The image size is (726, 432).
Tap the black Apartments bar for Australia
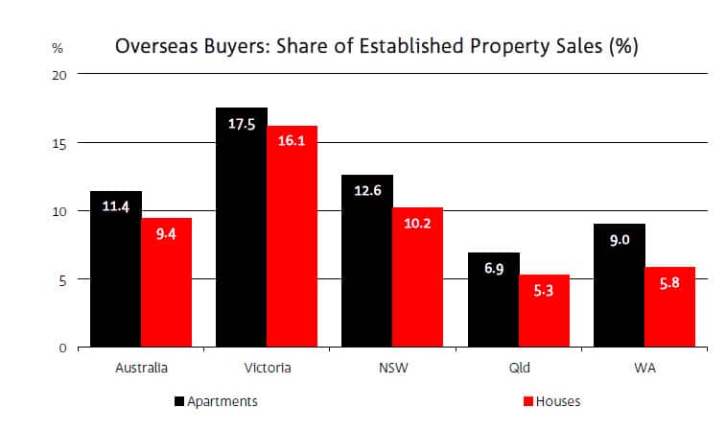[x=115, y=269]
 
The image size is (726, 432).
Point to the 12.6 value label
[x=367, y=190]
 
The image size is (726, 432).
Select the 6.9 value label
[x=493, y=270]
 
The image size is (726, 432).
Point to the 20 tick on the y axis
[x=59, y=74]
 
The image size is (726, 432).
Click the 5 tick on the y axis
[x=62, y=279]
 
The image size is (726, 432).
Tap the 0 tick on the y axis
[x=62, y=348]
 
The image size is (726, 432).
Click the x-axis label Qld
[x=518, y=368]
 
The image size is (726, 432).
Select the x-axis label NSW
[x=392, y=368]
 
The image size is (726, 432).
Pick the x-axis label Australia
[x=140, y=368]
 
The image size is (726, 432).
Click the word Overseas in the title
[x=153, y=46]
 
